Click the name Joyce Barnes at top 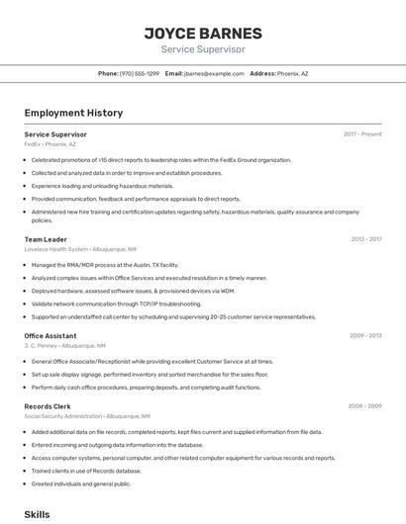click(x=203, y=33)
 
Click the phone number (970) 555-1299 click(x=140, y=73)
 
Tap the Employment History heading click(x=73, y=113)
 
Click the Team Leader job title click(x=46, y=239)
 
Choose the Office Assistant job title click(x=51, y=335)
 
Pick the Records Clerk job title click(x=48, y=405)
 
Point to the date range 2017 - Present click(x=362, y=133)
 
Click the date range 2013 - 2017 click(x=365, y=239)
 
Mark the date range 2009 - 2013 click(x=365, y=335)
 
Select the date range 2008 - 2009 click(x=364, y=405)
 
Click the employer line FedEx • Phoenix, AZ click(x=50, y=144)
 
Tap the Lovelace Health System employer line click(x=80, y=249)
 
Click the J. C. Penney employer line click(x=64, y=346)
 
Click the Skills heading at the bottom click(x=37, y=515)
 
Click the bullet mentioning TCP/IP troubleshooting click(x=116, y=304)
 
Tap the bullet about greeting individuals click(x=81, y=483)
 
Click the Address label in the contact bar click(x=262, y=73)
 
